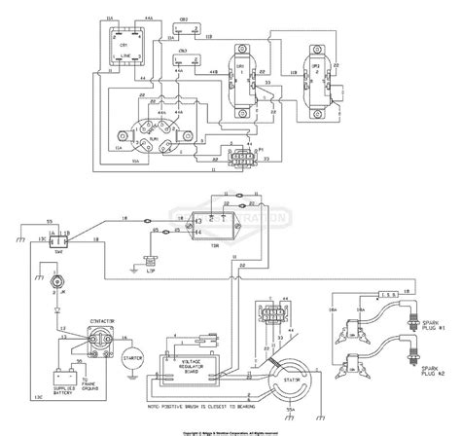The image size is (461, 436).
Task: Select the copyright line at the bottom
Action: (230, 430)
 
